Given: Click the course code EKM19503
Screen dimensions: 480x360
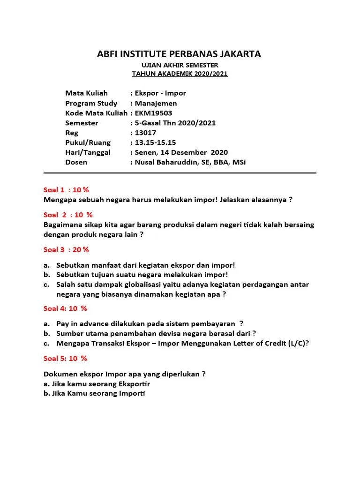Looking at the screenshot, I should coord(153,113).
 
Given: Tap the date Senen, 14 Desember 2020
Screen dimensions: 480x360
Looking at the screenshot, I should coord(180,152).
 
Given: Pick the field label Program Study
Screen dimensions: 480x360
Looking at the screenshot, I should coord(91,103).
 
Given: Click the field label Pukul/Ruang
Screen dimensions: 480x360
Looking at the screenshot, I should coord(88,142).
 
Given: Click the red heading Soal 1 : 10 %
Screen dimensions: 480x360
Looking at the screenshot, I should coord(66,189).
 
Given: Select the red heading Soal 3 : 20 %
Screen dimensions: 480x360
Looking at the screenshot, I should coord(66,249).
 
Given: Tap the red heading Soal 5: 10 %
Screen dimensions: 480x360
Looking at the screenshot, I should coord(65,359).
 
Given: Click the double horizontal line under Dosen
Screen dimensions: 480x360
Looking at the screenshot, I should coord(180,172).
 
